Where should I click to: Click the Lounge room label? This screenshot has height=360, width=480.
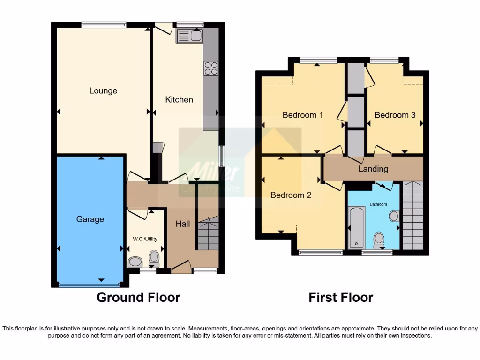point(103,91)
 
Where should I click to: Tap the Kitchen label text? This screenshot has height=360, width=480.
point(179,99)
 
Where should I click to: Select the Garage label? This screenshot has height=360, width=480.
point(90,219)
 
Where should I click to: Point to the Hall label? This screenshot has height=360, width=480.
point(183,224)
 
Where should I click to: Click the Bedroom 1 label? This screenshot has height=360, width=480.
point(302,115)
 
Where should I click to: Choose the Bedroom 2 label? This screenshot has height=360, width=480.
point(291,195)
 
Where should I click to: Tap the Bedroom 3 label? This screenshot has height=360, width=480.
point(395,115)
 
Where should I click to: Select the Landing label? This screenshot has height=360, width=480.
point(373,169)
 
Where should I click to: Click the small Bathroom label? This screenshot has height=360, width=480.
point(378,204)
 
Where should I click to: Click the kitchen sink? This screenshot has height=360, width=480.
point(189,35)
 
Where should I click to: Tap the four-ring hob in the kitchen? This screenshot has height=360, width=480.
point(211,68)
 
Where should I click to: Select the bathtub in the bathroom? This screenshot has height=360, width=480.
point(357,227)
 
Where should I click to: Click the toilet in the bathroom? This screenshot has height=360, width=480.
point(379,240)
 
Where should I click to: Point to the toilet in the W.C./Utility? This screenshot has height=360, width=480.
point(154,257)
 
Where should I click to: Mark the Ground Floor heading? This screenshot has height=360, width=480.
point(138,297)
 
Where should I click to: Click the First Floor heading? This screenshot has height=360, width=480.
point(341,297)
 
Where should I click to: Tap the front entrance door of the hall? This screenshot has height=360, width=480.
point(181,269)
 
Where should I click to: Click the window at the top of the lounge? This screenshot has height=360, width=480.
point(104,25)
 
